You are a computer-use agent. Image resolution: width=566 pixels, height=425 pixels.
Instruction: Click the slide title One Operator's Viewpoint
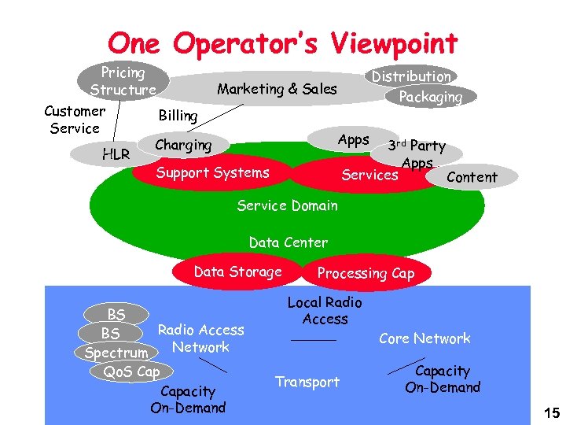[282, 42]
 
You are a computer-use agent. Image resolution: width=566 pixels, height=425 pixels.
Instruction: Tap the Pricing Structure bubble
[123, 81]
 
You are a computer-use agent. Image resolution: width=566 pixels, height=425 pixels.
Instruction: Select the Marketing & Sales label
[277, 89]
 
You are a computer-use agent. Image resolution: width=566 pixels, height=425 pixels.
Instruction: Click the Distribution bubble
[411, 76]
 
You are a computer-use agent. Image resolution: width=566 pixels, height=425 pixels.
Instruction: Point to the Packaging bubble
[431, 97]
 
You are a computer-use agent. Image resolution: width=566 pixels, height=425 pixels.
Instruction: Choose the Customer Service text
[75, 120]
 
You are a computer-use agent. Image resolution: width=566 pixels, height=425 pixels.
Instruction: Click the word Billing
[178, 116]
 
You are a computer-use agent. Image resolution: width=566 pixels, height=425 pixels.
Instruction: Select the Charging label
[183, 145]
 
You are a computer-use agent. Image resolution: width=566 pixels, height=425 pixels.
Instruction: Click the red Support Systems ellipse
[212, 173]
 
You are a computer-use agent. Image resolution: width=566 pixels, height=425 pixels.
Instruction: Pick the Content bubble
[472, 177]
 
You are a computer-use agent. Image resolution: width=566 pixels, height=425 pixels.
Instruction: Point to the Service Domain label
[287, 206]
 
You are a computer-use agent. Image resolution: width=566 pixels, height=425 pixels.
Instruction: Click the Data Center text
[288, 242]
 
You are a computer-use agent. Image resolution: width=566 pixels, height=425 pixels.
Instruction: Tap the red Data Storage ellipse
[237, 272]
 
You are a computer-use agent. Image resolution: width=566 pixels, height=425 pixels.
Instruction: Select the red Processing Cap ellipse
[365, 274]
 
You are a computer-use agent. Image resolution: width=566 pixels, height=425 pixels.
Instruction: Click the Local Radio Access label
[325, 310]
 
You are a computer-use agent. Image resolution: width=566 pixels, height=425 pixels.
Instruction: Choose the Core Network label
[424, 338]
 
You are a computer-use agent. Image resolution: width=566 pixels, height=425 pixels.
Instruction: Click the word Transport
[307, 382]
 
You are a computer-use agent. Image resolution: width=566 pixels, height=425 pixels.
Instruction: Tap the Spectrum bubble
[116, 353]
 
